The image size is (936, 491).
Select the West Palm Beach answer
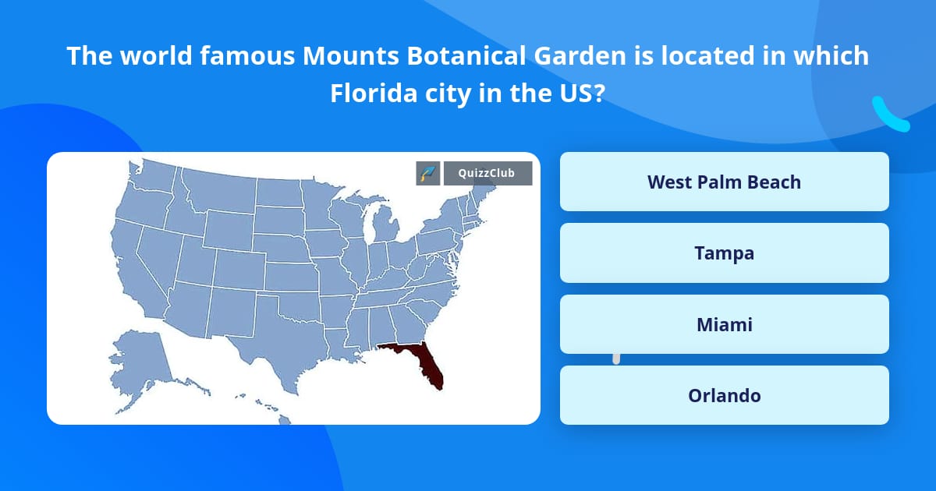coord(724,182)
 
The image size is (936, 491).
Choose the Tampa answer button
coord(724,253)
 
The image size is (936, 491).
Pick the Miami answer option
coord(724,324)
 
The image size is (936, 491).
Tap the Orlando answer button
coord(724,395)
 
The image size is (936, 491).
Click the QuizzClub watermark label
coord(487,173)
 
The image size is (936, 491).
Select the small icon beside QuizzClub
coord(427,173)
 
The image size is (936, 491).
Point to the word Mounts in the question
coord(342,56)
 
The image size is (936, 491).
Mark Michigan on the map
coord(384,226)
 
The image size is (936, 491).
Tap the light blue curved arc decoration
coord(889,115)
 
